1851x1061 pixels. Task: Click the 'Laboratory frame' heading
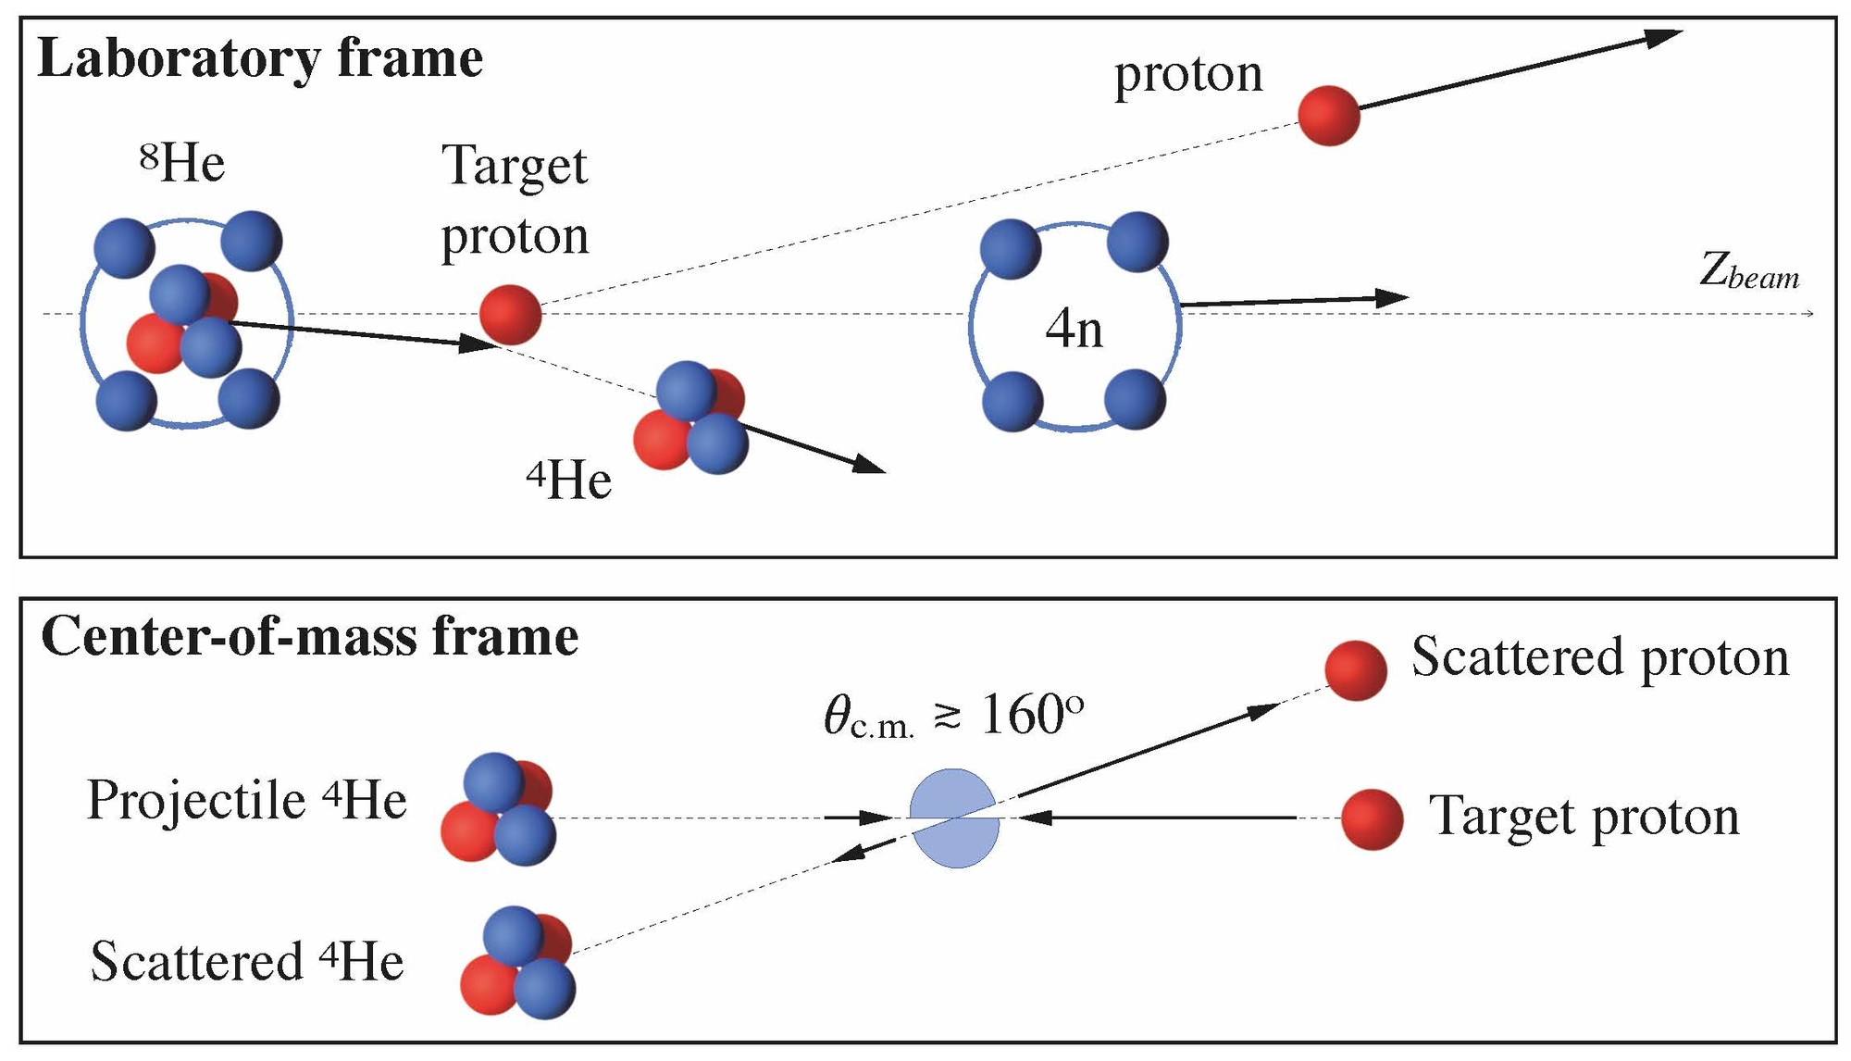(x=260, y=59)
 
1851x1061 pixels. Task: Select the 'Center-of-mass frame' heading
(x=310, y=637)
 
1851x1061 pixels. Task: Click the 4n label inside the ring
(x=1075, y=329)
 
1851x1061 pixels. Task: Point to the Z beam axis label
(x=1749, y=272)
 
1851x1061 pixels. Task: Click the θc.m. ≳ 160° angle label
(x=953, y=716)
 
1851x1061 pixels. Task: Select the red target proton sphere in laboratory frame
(x=510, y=315)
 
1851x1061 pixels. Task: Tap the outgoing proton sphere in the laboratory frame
(x=1329, y=115)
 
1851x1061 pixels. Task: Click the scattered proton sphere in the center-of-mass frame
(x=1356, y=669)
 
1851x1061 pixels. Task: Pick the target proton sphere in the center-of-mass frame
(x=1373, y=819)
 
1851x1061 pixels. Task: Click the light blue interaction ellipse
(x=955, y=818)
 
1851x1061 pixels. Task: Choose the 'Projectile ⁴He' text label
(x=246, y=799)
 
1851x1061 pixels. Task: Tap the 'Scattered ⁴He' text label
(x=247, y=960)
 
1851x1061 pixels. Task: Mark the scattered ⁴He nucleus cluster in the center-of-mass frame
(x=518, y=963)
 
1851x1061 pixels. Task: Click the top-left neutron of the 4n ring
(x=1011, y=250)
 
